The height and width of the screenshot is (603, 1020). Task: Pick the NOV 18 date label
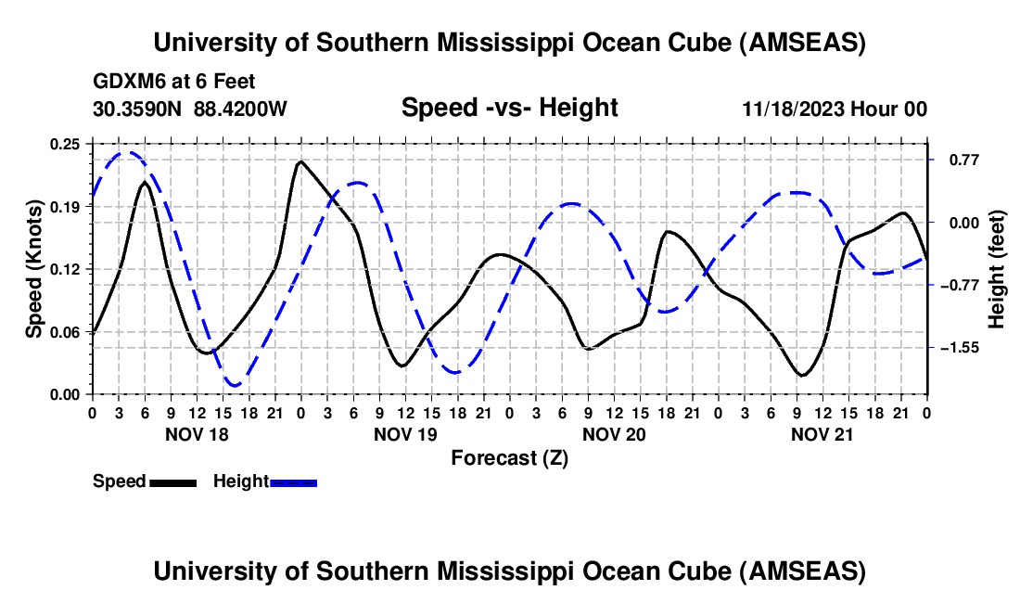pyautogui.click(x=196, y=433)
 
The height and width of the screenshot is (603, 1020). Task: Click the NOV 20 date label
pyautogui.click(x=613, y=433)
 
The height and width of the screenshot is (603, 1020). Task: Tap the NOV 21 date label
pyautogui.click(x=822, y=433)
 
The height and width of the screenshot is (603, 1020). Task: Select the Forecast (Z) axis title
pyautogui.click(x=509, y=457)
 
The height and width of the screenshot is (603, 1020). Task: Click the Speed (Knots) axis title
pyautogui.click(x=33, y=268)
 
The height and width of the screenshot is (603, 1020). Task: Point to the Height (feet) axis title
pyautogui.click(x=997, y=268)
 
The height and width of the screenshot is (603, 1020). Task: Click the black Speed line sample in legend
pyautogui.click(x=172, y=481)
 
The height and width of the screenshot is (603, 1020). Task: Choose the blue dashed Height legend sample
pyautogui.click(x=293, y=481)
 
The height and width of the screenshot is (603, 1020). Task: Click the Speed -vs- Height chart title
pyautogui.click(x=509, y=109)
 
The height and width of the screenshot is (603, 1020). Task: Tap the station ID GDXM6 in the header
pyautogui.click(x=125, y=82)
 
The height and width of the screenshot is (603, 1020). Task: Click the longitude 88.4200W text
pyautogui.click(x=241, y=109)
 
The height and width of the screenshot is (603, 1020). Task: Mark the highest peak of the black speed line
pyautogui.click(x=300, y=162)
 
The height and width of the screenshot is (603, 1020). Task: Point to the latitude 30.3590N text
pyautogui.click(x=139, y=109)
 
